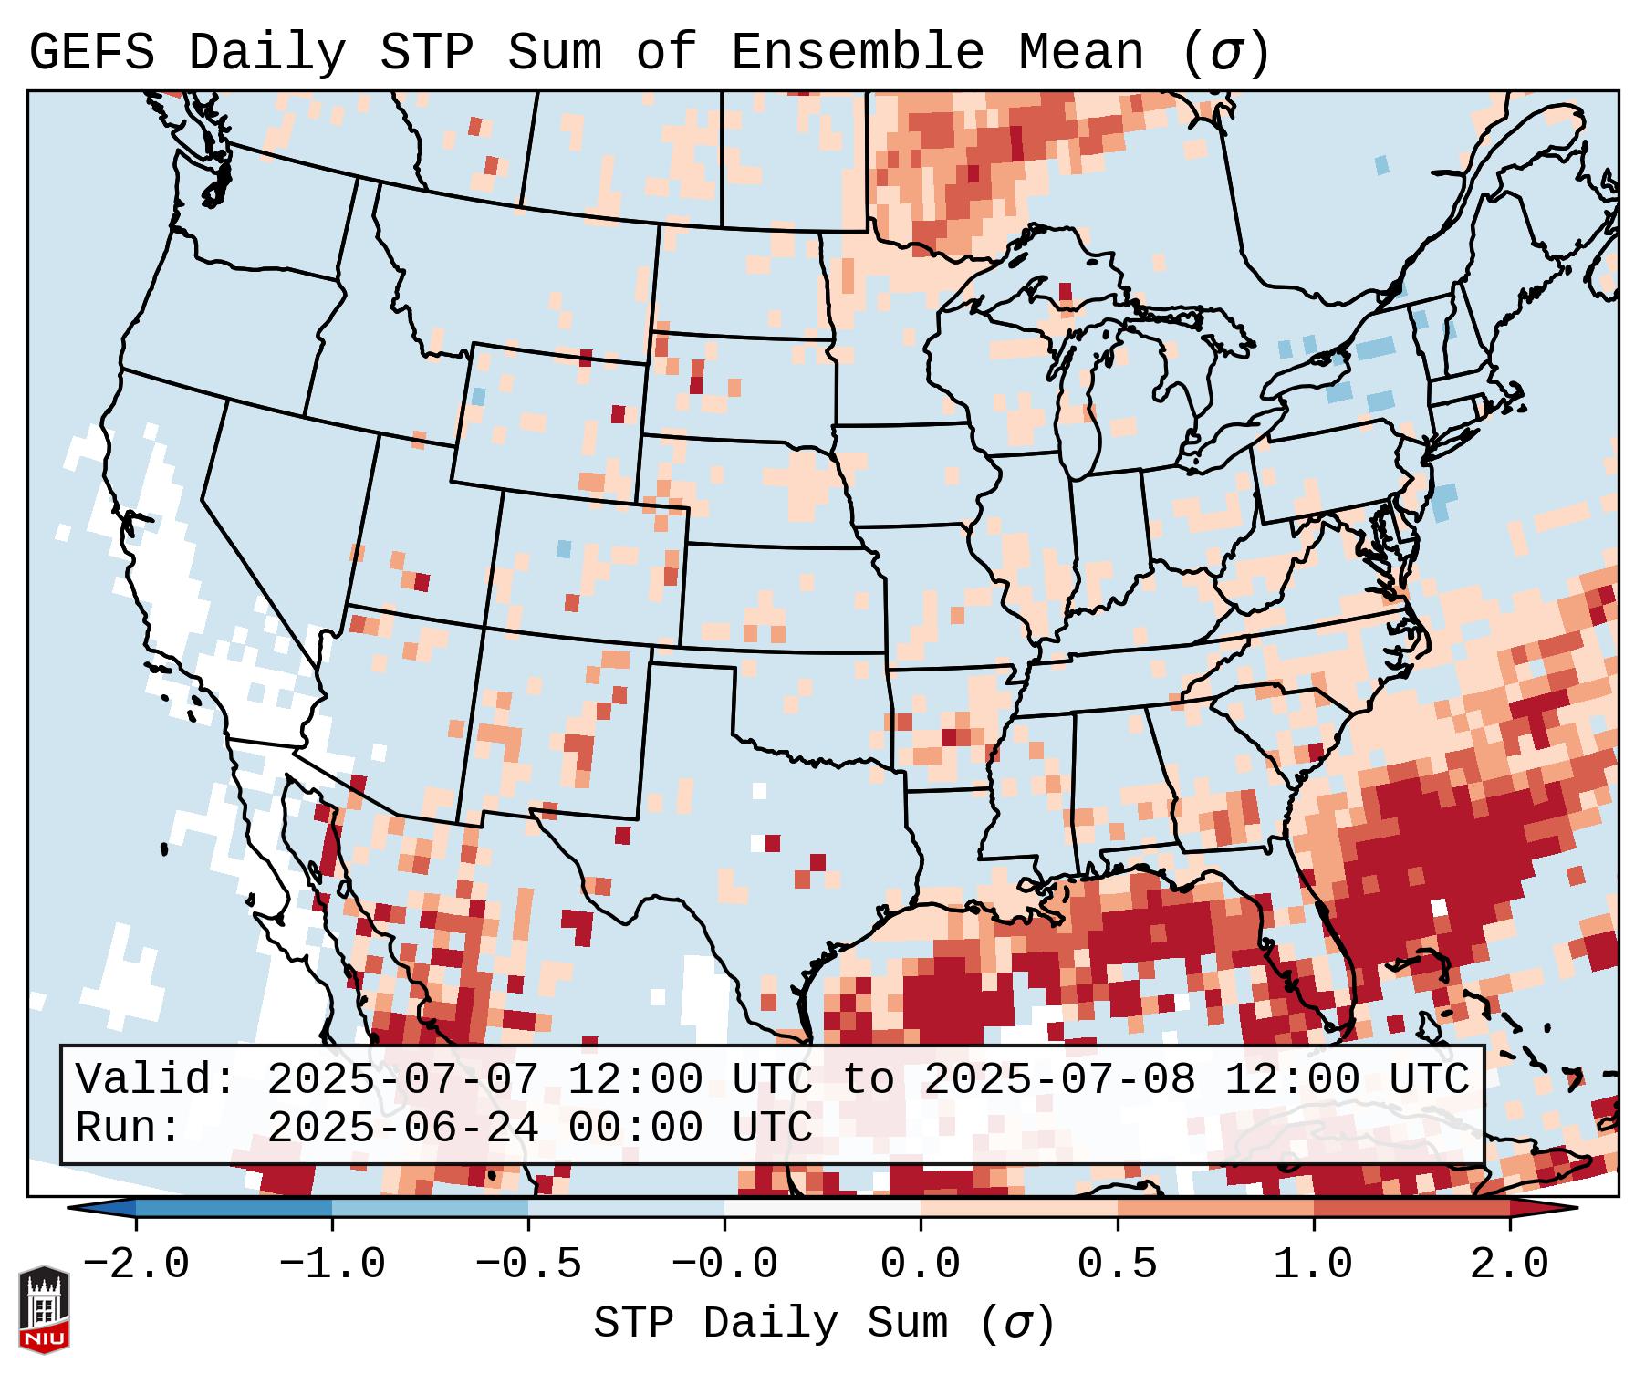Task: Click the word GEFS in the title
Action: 91,53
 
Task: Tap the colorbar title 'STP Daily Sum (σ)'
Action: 824,1324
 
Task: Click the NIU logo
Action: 44,1309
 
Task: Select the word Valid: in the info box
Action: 156,1080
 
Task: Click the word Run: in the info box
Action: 129,1129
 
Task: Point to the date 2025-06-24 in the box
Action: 402,1129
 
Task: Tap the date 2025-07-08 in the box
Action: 1059,1080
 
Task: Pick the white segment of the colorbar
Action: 822,1208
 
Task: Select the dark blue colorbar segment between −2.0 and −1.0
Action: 234,1208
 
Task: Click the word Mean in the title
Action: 1081,53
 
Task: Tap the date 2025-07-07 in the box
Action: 402,1080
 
